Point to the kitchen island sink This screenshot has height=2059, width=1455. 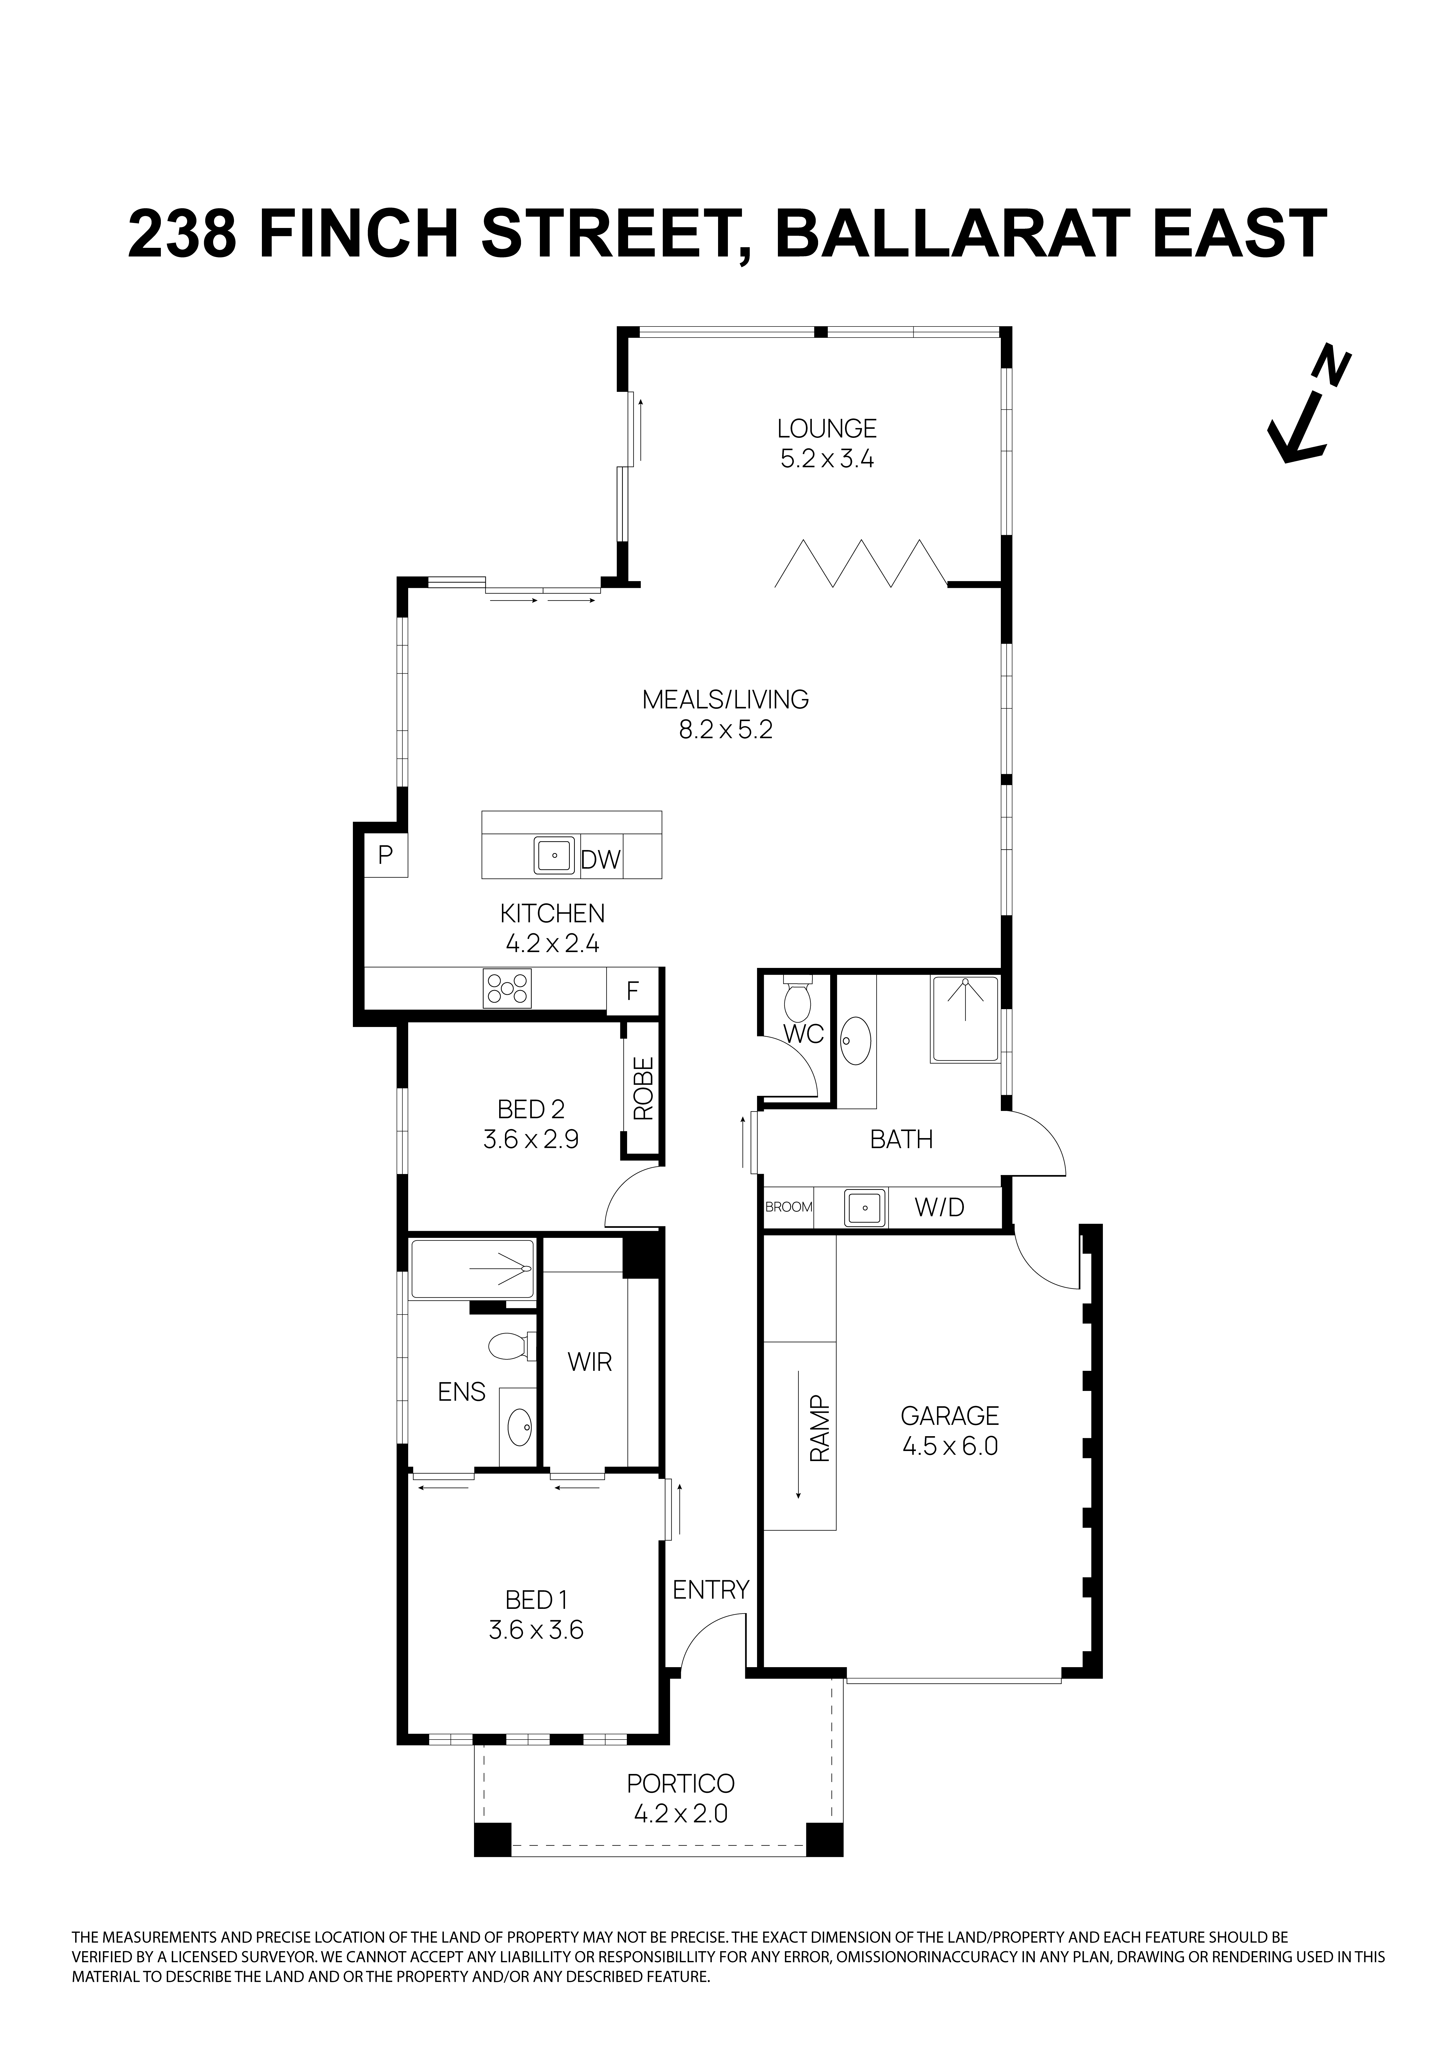pyautogui.click(x=555, y=856)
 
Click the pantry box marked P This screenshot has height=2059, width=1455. pyautogui.click(x=386, y=856)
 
